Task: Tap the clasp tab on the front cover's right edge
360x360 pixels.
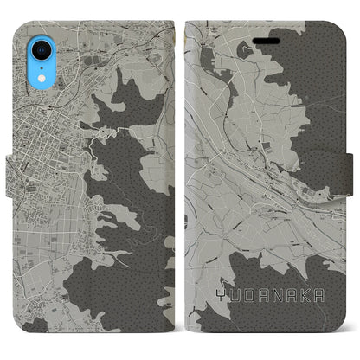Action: (347, 178)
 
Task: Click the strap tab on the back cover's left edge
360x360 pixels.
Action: (13, 178)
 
